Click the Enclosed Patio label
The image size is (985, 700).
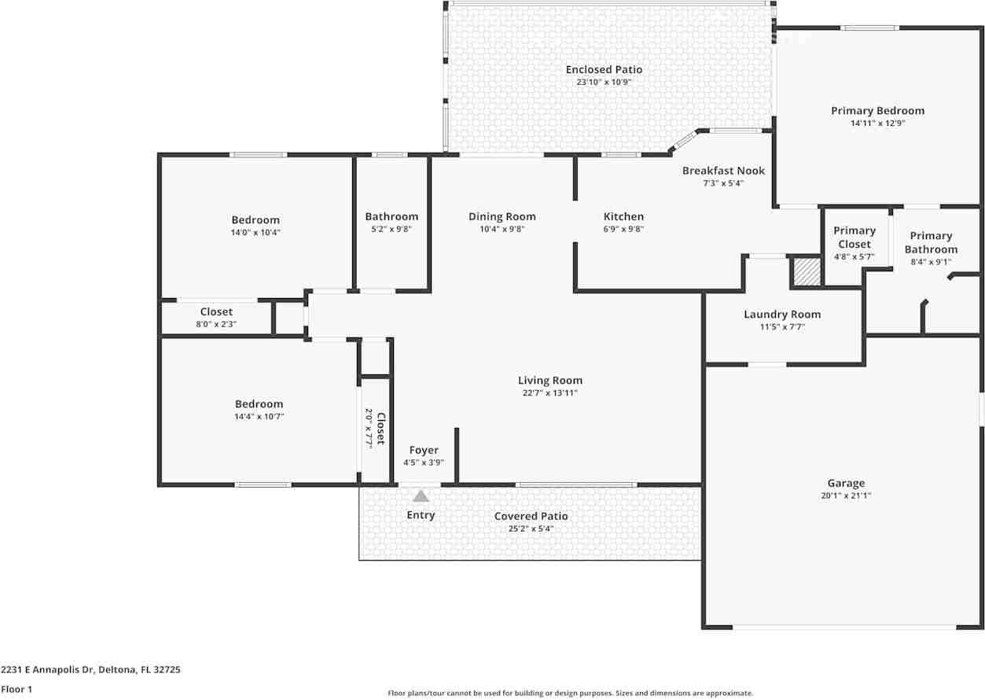click(604, 69)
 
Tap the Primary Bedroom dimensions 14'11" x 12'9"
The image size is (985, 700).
click(878, 123)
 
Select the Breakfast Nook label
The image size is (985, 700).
click(723, 171)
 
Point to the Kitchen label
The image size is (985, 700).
click(623, 216)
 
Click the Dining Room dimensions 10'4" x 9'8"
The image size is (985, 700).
click(502, 229)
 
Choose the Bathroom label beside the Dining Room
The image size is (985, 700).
click(391, 216)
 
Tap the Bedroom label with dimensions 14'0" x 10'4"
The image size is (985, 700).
click(255, 220)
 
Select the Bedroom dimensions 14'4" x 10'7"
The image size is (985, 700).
click(259, 416)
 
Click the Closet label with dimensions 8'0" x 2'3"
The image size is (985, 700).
click(216, 312)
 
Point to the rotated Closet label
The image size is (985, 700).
click(380, 428)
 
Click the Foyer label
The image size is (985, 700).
click(424, 450)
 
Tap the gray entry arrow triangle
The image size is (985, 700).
click(421, 496)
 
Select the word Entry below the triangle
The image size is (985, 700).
click(421, 514)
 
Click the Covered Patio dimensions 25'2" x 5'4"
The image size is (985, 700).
click(531, 529)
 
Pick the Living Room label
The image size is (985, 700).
click(550, 381)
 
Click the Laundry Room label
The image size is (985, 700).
click(782, 315)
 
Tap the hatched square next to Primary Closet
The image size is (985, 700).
click(807, 272)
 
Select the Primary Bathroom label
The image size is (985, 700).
click(931, 243)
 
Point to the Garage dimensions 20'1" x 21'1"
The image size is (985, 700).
click(846, 496)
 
